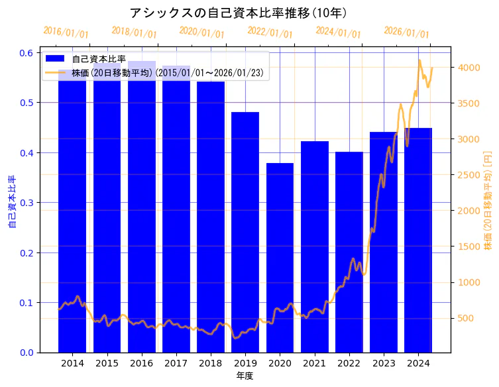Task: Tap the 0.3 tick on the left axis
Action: coord(27,203)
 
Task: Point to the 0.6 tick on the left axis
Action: coord(27,53)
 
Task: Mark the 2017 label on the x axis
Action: coord(176,363)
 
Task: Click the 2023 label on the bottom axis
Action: coord(384,363)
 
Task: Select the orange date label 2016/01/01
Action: coord(66,32)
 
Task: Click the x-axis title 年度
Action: coord(245,376)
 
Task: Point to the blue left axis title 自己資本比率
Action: coord(11,202)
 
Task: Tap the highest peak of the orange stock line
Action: coord(419,60)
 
